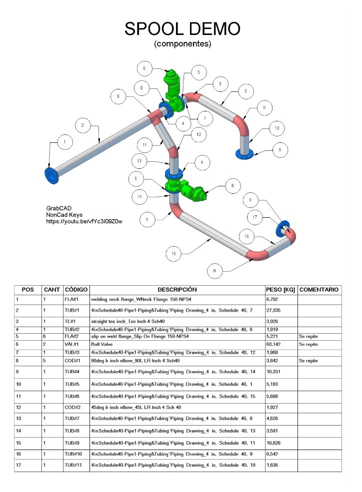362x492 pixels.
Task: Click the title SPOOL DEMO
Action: pos(182,29)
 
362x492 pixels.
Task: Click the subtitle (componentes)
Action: pos(182,44)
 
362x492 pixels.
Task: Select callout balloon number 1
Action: pos(64,142)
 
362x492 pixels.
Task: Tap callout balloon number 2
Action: pos(82,125)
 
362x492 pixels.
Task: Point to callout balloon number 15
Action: pos(173,254)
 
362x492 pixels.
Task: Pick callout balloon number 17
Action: pos(255,217)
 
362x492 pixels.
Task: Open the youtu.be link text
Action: pos(84,221)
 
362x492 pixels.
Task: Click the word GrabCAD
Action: pos(57,208)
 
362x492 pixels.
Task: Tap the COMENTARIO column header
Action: pos(320,290)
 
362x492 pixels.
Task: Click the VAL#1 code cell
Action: pos(72,344)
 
